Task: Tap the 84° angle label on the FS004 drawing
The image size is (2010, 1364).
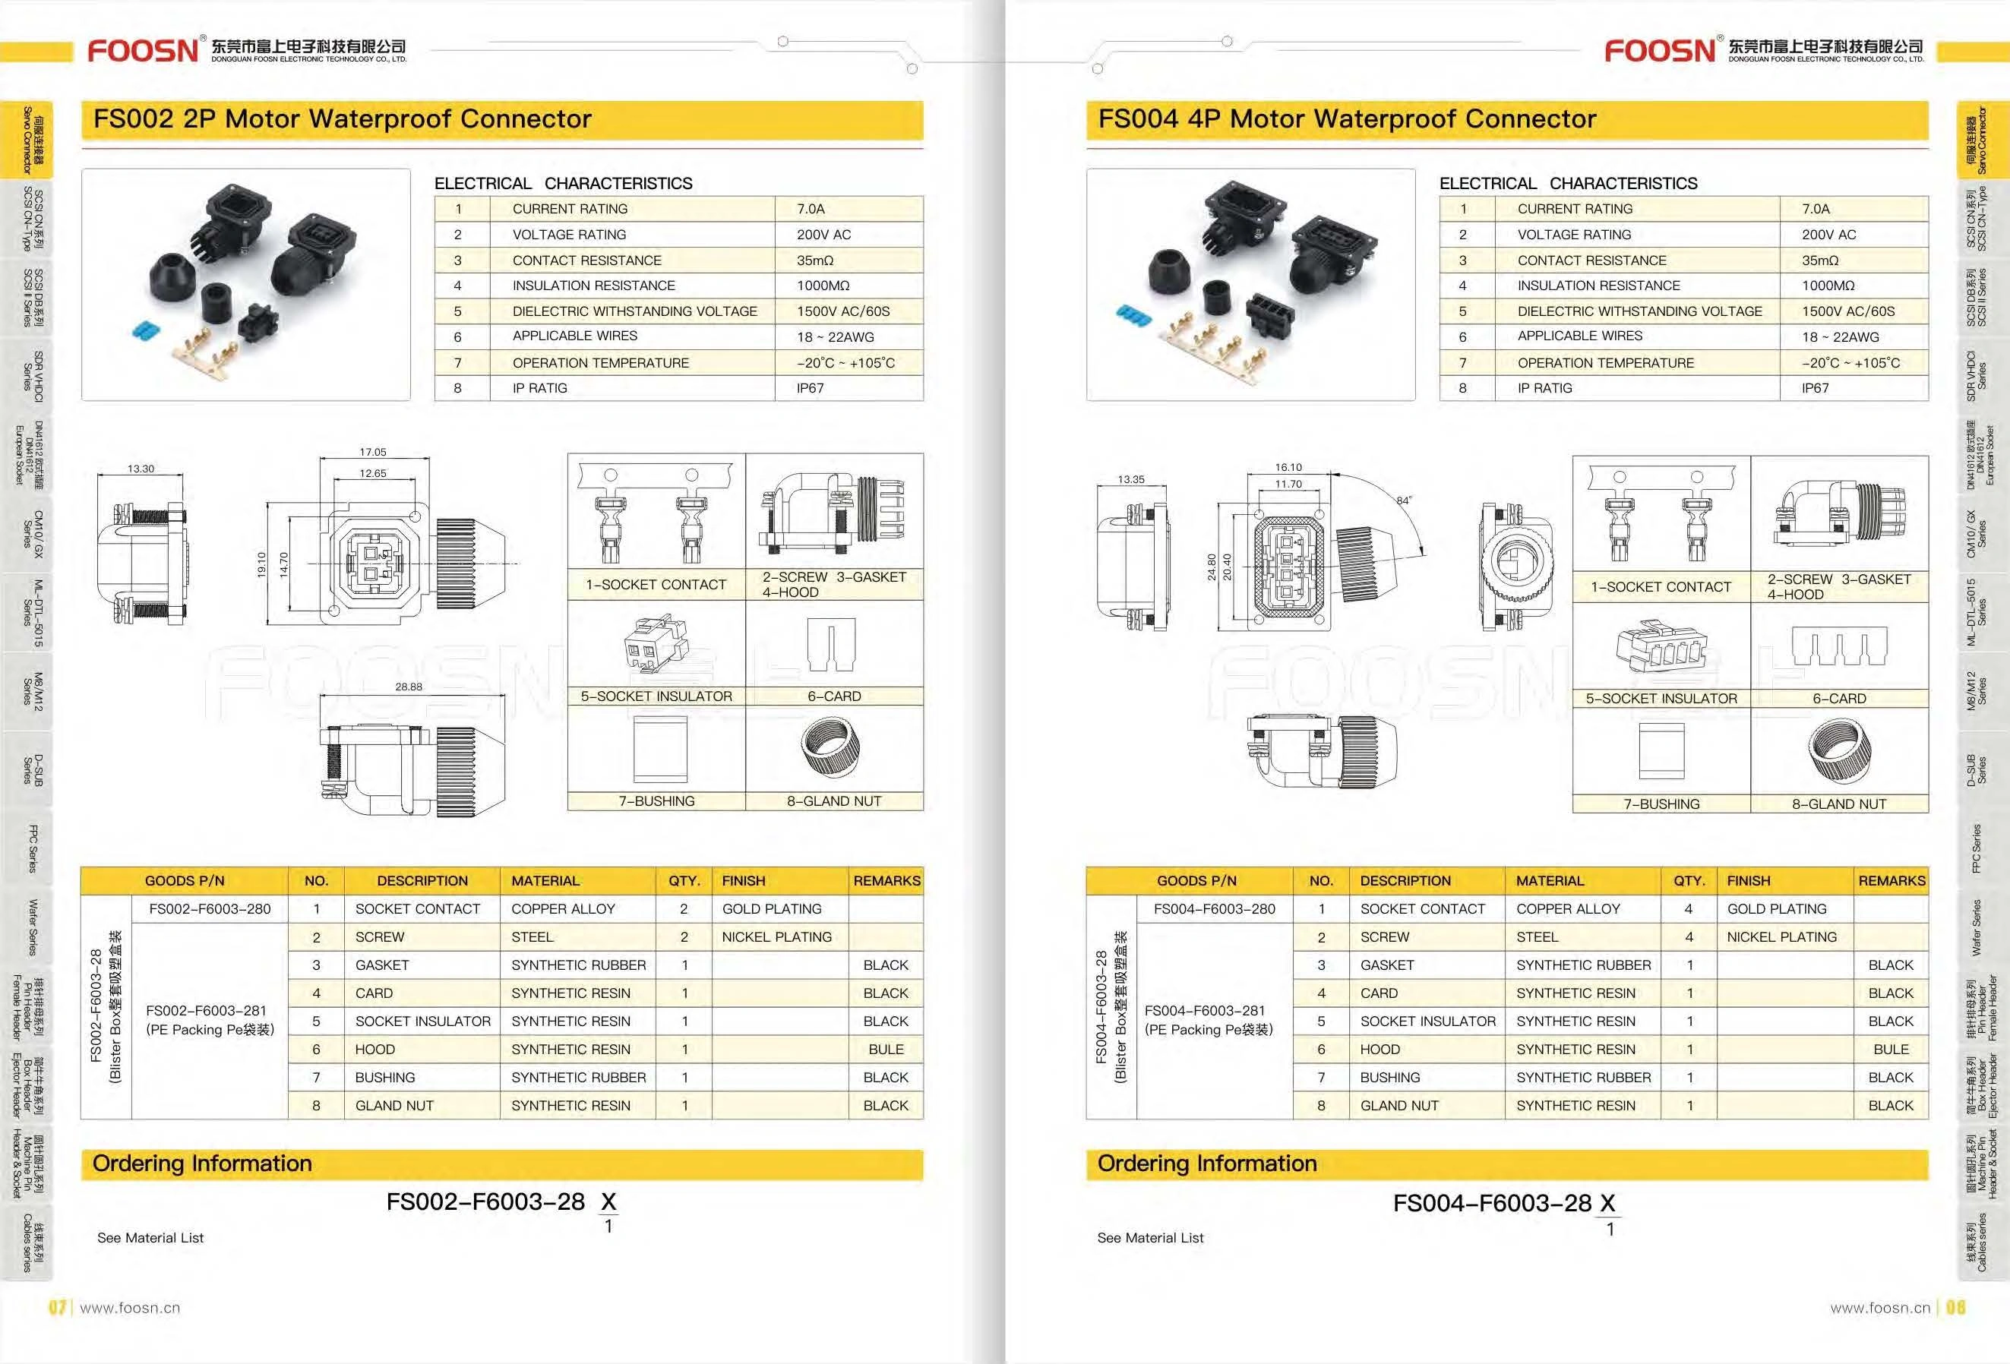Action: point(1403,500)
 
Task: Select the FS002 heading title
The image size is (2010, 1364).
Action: point(343,118)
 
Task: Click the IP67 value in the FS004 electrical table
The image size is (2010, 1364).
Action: point(1815,388)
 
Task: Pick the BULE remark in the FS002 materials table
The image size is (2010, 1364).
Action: point(886,1049)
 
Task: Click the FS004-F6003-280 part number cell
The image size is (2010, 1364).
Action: point(1215,909)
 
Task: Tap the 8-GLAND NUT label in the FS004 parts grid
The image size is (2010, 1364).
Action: point(1839,804)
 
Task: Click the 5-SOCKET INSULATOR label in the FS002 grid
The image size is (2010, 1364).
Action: point(656,696)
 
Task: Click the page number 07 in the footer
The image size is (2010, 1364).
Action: point(57,1307)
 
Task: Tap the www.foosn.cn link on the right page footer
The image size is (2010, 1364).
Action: point(1879,1308)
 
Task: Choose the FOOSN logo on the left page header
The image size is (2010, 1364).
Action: point(143,50)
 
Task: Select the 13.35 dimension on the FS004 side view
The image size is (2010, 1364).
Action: point(1130,479)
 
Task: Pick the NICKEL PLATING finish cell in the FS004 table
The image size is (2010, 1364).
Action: point(1781,936)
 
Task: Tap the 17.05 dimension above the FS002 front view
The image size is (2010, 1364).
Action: point(373,453)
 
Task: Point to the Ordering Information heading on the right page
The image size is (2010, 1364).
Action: point(1206,1164)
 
